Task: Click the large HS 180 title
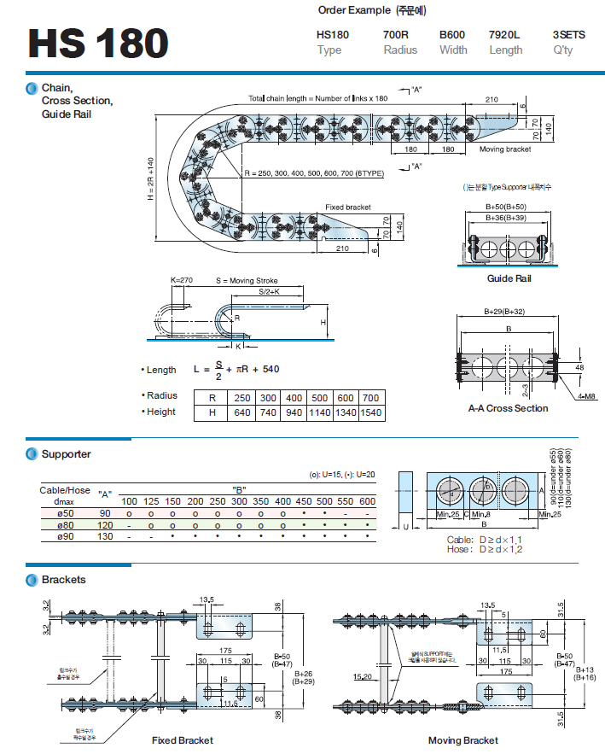(97, 44)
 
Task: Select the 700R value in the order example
(396, 34)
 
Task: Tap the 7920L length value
(504, 34)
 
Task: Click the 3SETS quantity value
(569, 34)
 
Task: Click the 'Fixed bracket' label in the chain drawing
(348, 207)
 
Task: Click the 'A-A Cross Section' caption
(508, 408)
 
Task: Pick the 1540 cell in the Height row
(371, 412)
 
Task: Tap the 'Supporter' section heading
(66, 454)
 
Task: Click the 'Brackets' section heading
(63, 580)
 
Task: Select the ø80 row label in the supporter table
(64, 524)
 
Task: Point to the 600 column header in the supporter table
(366, 500)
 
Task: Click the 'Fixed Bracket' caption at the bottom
(182, 740)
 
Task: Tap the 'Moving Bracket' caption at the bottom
(463, 740)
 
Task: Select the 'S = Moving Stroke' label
(247, 281)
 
